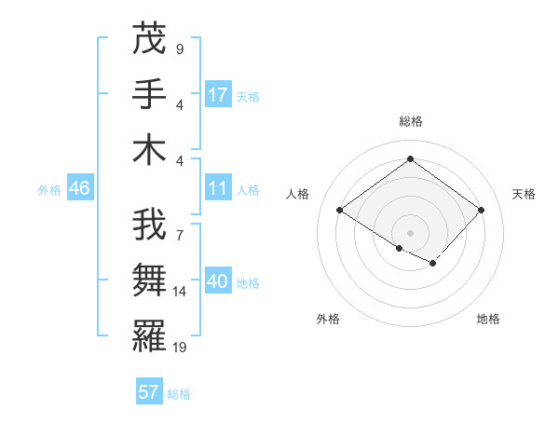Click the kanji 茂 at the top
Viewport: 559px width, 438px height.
coord(149,39)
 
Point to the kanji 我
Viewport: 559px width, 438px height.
coord(149,226)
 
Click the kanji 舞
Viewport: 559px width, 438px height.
coord(149,281)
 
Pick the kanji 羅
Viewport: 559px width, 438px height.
coord(149,336)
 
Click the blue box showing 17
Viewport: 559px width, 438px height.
coord(218,94)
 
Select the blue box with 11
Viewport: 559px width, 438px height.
coord(218,188)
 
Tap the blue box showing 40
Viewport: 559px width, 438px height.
coord(218,281)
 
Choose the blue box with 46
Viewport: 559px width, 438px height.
coord(79,188)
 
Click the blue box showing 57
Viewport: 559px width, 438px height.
coord(149,392)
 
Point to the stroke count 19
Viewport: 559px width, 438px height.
coord(180,348)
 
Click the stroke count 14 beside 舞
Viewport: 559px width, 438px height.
coord(180,292)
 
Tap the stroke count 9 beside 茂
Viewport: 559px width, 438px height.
coord(179,49)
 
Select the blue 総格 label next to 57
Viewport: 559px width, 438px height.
coord(179,394)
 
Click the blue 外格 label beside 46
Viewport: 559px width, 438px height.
coord(49,190)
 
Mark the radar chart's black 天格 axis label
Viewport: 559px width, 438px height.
coord(524,194)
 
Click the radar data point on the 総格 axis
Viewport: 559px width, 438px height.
coord(410,158)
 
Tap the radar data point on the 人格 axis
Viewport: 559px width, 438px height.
coord(340,211)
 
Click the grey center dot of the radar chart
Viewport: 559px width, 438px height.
coord(410,231)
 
